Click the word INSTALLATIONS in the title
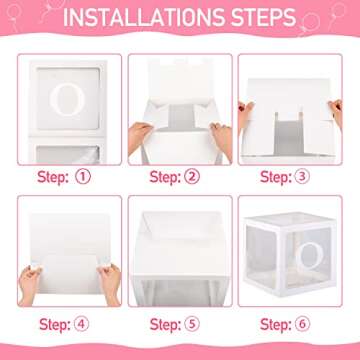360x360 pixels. pyautogui.click(x=142, y=17)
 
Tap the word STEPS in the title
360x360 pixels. pyautogui.click(x=261, y=17)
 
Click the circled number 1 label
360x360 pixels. pyautogui.click(x=83, y=177)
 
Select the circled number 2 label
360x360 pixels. pyautogui.click(x=192, y=177)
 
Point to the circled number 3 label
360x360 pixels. pyautogui.click(x=302, y=177)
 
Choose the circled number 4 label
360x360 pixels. pyautogui.click(x=81, y=324)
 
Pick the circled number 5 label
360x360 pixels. pyautogui.click(x=192, y=324)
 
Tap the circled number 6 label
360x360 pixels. pyautogui.click(x=302, y=324)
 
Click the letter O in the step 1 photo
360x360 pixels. pyautogui.click(x=67, y=99)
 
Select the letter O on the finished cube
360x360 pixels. pyautogui.click(x=309, y=257)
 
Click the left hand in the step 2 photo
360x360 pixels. pyautogui.click(x=139, y=138)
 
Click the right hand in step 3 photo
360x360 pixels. pyautogui.click(x=336, y=113)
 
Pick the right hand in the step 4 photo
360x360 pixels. pyautogui.click(x=109, y=283)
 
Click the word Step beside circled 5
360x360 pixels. pyautogui.click(x=165, y=324)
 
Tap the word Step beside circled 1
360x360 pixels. pyautogui.click(x=53, y=177)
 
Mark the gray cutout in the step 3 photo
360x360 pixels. pyautogui.click(x=289, y=134)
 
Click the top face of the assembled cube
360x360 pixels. pyautogui.click(x=289, y=218)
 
